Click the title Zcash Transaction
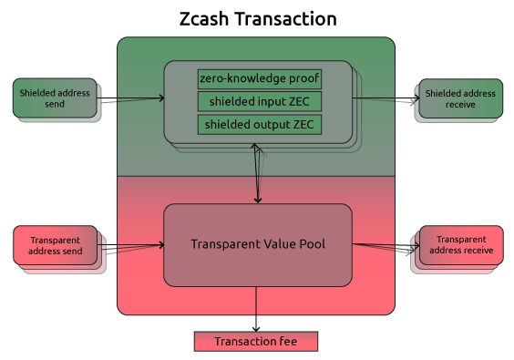(256, 18)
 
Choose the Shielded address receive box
(460, 98)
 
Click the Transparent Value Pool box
(257, 244)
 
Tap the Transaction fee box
(256, 342)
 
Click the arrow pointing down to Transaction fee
(256, 310)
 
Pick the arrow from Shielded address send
(132, 98)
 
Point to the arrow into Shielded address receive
(385, 98)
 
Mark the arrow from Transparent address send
(132, 244)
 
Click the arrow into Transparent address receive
(385, 244)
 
